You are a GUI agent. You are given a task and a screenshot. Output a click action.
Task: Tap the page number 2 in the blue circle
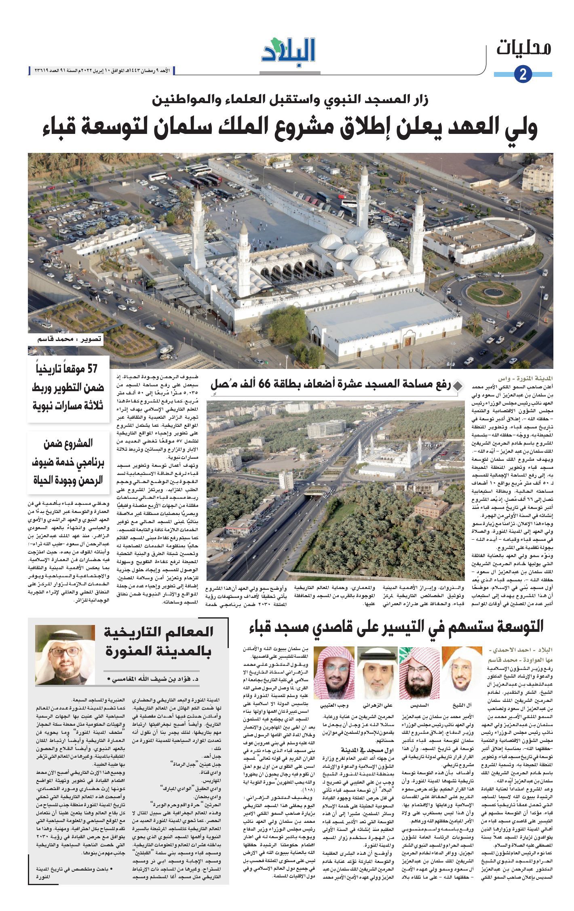pyautogui.click(x=523, y=74)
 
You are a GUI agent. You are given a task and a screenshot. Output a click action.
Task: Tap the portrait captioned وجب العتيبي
pyautogui.click(x=334, y=672)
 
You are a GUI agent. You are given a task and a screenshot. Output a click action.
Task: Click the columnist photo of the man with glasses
pyautogui.click(x=65, y=655)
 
